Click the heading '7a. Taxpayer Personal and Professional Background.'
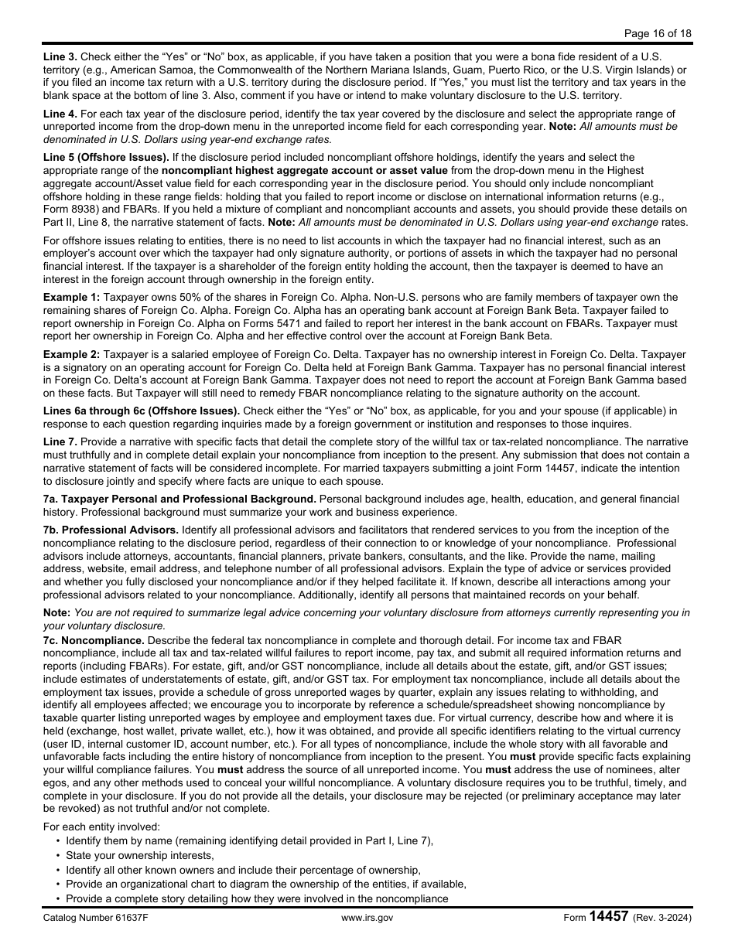(x=179, y=499)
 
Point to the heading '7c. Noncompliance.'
(x=94, y=641)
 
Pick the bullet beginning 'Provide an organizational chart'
(x=266, y=884)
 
